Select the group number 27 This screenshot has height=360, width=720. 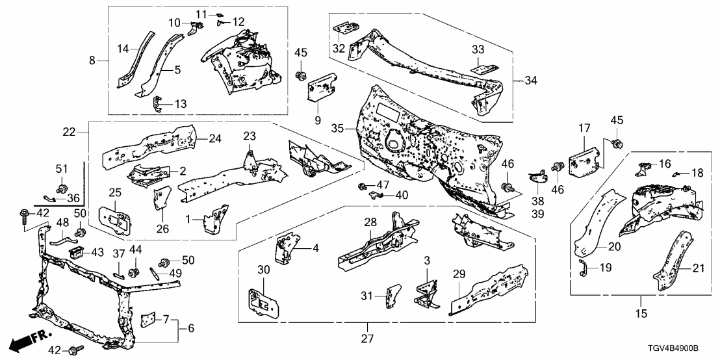368,339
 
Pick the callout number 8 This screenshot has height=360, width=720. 92,60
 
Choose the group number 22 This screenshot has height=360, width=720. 70,132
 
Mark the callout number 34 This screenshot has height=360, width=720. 530,81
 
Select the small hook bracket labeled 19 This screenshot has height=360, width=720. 582,268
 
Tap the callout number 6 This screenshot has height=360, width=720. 191,328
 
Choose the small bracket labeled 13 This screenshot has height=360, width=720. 157,104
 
